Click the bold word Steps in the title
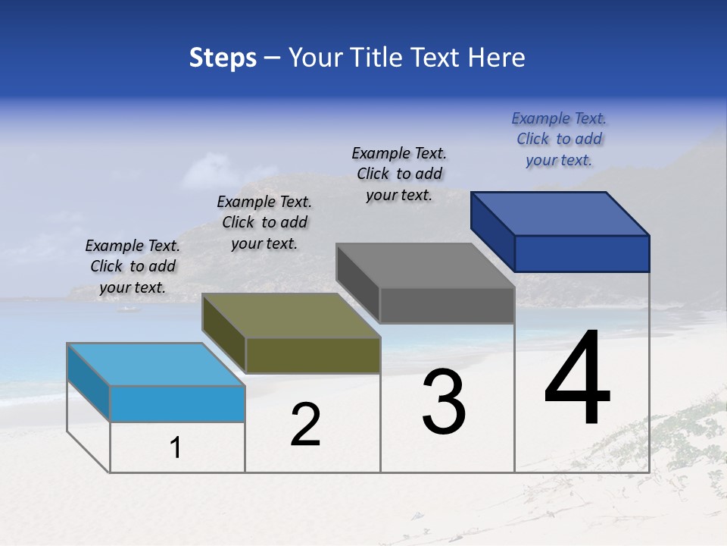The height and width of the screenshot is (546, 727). [x=223, y=58]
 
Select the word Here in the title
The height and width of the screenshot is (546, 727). [x=497, y=58]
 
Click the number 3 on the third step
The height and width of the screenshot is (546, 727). [x=444, y=402]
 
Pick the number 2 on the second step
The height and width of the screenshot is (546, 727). [x=305, y=425]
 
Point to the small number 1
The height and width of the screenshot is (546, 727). [x=176, y=448]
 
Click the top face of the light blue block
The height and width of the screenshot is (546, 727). [x=156, y=365]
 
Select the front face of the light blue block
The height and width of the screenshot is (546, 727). [x=177, y=403]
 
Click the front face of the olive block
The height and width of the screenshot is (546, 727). [x=313, y=355]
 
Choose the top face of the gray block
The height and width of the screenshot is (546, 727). [x=426, y=265]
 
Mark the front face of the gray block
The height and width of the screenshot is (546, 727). [x=447, y=305]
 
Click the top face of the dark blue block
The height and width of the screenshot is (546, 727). [x=560, y=213]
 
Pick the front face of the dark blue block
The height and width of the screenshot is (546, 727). [x=582, y=253]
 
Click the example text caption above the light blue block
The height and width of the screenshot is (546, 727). [x=133, y=266]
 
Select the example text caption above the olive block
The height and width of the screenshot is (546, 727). [x=264, y=222]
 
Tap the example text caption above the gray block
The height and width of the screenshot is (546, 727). [x=399, y=174]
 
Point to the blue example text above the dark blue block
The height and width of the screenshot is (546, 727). [x=559, y=139]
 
